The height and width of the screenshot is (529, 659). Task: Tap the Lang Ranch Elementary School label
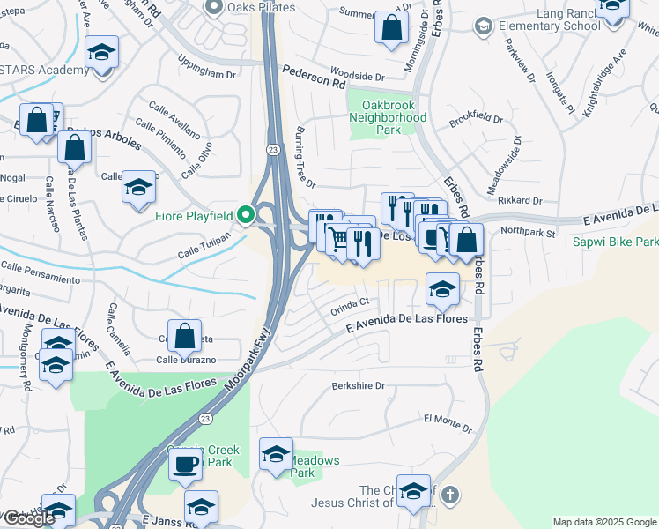tap(549, 26)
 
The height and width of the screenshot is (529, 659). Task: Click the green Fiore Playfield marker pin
tap(247, 214)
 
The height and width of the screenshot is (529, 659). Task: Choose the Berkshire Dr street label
tap(359, 385)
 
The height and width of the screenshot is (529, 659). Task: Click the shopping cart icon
tap(338, 237)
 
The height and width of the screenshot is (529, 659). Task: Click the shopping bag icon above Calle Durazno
tap(184, 335)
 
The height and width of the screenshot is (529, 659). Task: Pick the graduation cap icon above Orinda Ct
tap(442, 287)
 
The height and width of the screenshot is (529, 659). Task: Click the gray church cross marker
tap(449, 494)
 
